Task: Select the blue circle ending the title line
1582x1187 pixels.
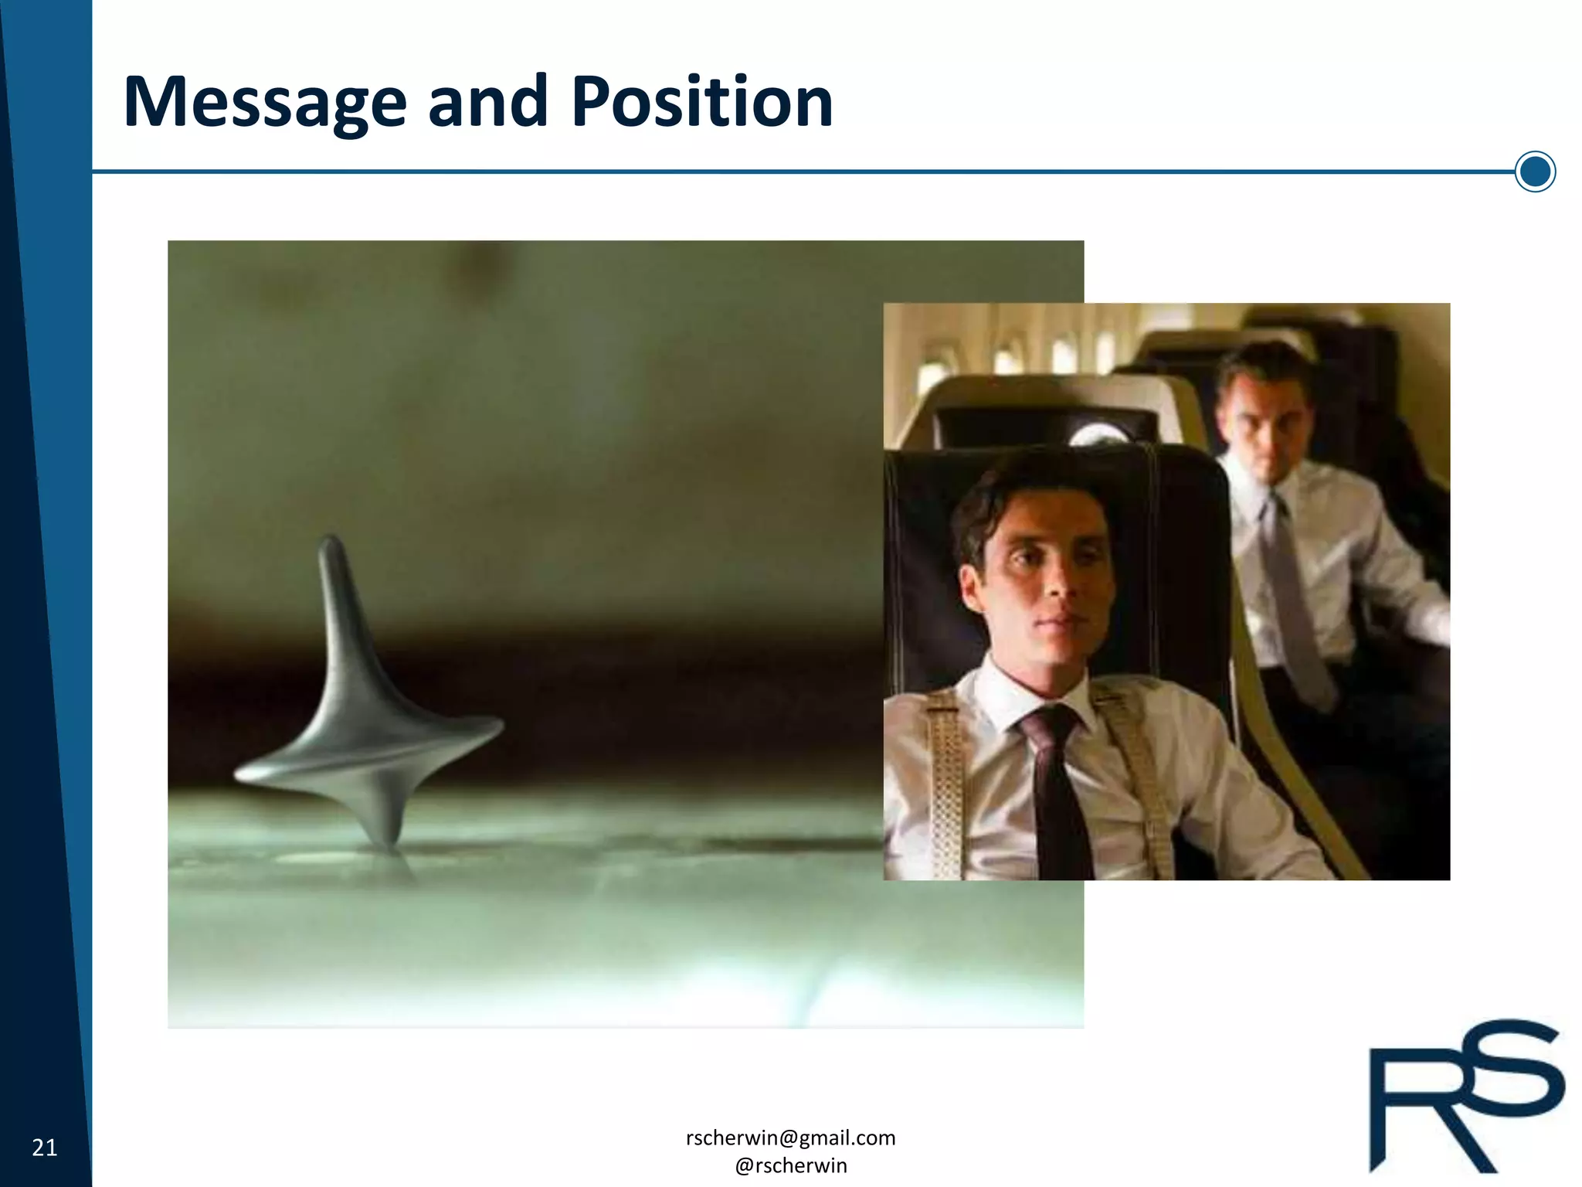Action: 1535,172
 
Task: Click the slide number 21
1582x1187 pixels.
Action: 45,1148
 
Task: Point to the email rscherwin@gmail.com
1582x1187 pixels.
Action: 790,1138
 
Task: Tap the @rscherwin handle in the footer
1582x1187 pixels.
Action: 790,1165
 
